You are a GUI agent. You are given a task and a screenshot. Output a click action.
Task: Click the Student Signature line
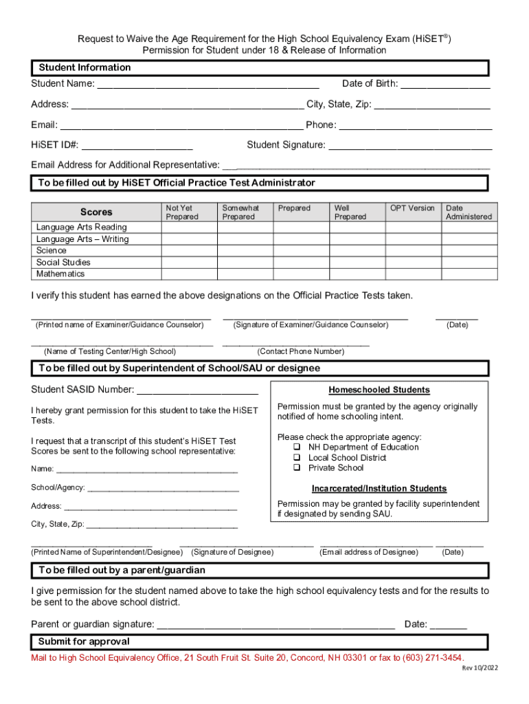click(x=410, y=146)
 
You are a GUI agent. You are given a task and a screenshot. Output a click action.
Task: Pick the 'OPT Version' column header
click(x=412, y=208)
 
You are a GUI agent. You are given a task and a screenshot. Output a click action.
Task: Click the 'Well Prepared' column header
click(x=350, y=212)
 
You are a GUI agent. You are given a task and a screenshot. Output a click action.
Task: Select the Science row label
click(x=52, y=251)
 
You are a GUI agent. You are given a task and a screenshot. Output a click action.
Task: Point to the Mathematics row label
click(x=60, y=274)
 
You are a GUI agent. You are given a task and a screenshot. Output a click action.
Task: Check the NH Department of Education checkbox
click(x=297, y=448)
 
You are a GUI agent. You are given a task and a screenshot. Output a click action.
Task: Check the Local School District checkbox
click(x=297, y=458)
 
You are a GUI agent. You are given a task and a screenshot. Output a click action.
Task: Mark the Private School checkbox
click(x=297, y=468)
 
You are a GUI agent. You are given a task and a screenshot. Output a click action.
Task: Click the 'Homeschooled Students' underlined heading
click(x=379, y=390)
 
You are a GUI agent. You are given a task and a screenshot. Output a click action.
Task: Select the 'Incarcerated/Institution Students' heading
click(x=379, y=489)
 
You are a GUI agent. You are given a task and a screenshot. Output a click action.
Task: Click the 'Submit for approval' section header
click(x=84, y=642)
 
